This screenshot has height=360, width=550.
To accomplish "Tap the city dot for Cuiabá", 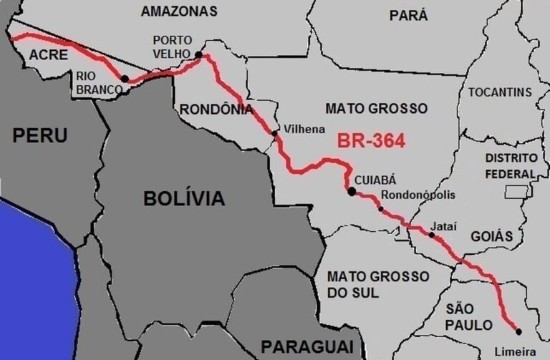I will coord(352,191).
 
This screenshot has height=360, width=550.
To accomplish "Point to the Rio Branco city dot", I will coord(125,79).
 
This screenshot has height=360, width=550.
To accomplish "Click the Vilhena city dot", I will coord(275,133).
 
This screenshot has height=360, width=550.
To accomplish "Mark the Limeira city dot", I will coord(518,331).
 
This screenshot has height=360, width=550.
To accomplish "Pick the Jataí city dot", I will coord(432,234).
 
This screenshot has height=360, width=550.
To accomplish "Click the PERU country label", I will coord(39,135).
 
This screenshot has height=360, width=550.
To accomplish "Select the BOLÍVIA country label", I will coord(184,198).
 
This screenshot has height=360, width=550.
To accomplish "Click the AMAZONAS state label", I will coord(179,11).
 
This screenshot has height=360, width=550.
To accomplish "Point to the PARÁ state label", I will coord(408,14).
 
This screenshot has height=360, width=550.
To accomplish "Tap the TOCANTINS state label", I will coord(500,92).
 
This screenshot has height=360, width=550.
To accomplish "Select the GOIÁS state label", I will coord(492,235).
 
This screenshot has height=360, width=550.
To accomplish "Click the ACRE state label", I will coord(49,55).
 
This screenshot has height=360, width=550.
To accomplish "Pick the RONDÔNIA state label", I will coord(216,109).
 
